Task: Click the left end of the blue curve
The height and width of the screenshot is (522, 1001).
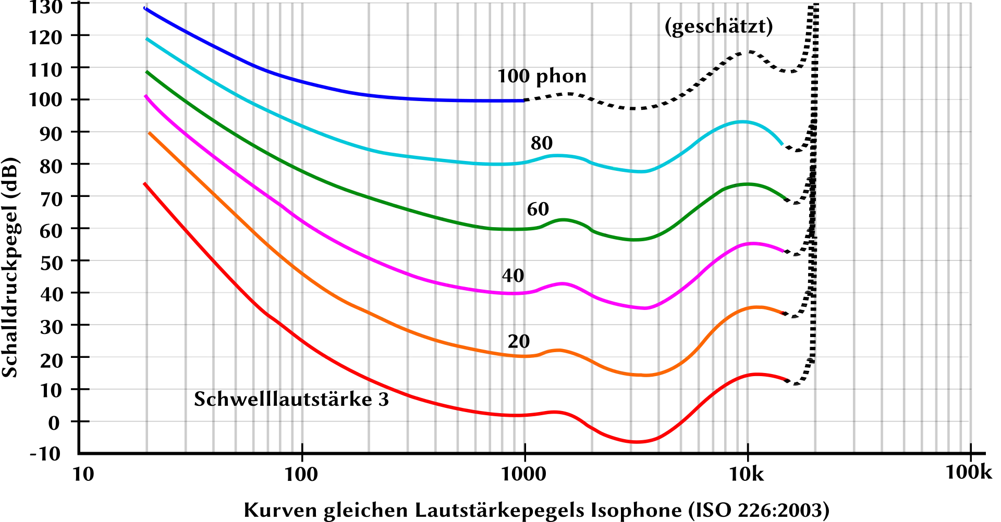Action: point(144,8)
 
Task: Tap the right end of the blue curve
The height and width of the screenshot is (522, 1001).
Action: point(522,101)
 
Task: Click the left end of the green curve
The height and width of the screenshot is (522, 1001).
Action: point(148,72)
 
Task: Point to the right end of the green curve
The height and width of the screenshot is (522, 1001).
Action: point(784,197)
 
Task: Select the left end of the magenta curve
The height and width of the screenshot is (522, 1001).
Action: point(144,96)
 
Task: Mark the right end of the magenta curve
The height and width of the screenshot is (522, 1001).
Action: point(783,251)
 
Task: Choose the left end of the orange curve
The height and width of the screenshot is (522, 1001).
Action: point(150,133)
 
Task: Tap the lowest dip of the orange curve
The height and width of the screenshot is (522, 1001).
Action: point(644,375)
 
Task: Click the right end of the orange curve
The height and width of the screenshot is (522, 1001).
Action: point(783,313)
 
